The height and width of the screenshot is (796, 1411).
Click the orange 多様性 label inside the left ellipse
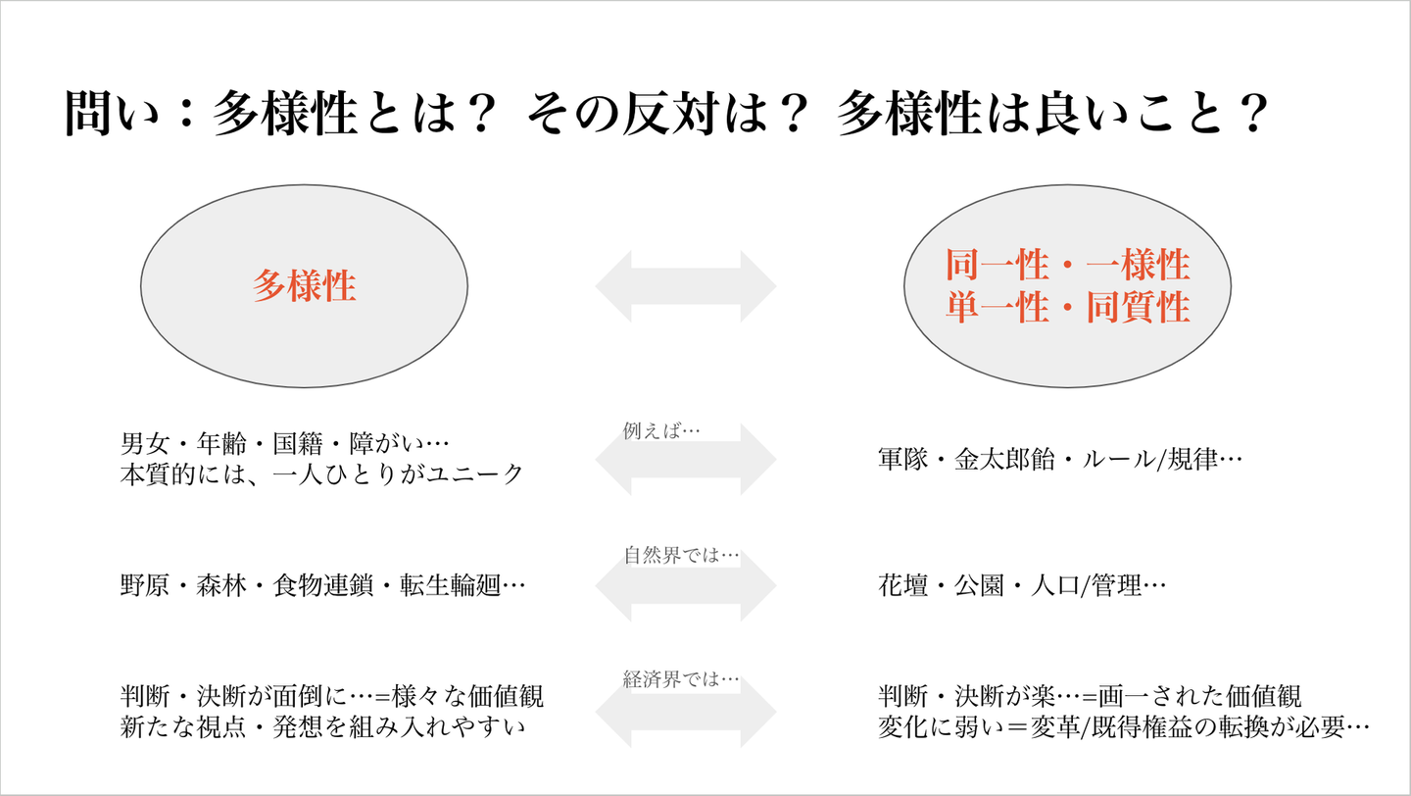coord(304,286)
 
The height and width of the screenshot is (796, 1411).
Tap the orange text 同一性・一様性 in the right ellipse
coord(1067,265)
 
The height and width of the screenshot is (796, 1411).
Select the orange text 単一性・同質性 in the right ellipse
coord(1067,308)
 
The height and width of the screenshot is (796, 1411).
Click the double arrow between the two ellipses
coord(686,286)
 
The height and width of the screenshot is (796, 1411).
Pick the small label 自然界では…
coord(681,555)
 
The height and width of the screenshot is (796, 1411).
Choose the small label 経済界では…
coord(681,678)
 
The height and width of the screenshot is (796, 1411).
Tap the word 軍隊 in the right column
coord(902,459)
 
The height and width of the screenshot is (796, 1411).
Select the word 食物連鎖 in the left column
coord(321,586)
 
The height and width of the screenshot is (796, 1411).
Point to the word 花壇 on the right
coord(902,586)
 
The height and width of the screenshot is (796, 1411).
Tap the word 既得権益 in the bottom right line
coord(1128,726)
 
